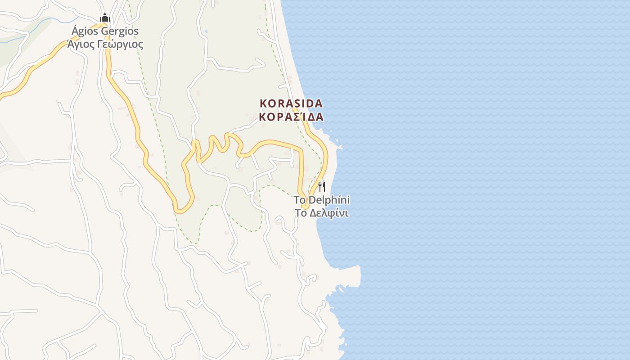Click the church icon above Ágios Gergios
click(x=105, y=18)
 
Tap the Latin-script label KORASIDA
click(x=291, y=103)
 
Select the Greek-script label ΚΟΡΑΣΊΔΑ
click(x=291, y=117)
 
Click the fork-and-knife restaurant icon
click(x=322, y=186)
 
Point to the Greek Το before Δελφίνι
click(x=301, y=213)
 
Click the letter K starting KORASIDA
click(x=263, y=103)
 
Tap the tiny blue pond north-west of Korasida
click(x=206, y=31)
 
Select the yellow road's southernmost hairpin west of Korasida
click(x=182, y=209)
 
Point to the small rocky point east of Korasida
click(x=338, y=145)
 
